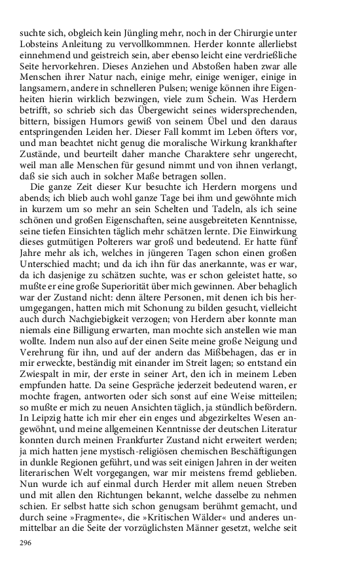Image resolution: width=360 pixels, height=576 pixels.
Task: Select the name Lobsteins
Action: [43, 43]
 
